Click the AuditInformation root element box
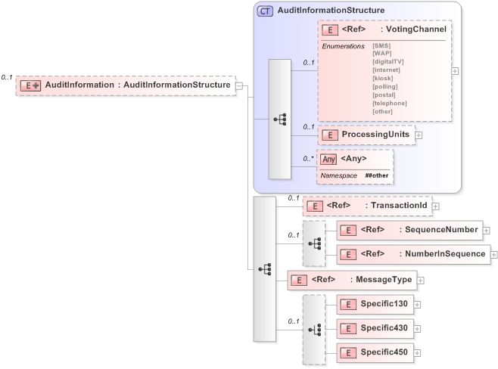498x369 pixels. tap(125, 85)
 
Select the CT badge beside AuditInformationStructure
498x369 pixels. tap(265, 11)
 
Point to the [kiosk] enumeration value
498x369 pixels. tap(383, 78)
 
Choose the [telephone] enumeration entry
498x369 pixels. tap(390, 103)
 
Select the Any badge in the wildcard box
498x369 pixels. tap(328, 159)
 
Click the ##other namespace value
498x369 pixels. tap(376, 175)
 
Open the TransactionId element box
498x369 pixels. tap(366, 205)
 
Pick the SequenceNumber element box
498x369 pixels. tap(409, 230)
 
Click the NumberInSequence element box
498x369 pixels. tap(412, 254)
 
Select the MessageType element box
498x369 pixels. tap(352, 280)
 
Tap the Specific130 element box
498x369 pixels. tap(374, 304)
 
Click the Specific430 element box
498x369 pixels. tap(374, 328)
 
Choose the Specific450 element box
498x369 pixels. tap(374, 352)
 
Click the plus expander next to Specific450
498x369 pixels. tap(417, 353)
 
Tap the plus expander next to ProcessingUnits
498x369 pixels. tap(419, 135)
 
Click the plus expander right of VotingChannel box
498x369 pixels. tap(455, 70)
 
